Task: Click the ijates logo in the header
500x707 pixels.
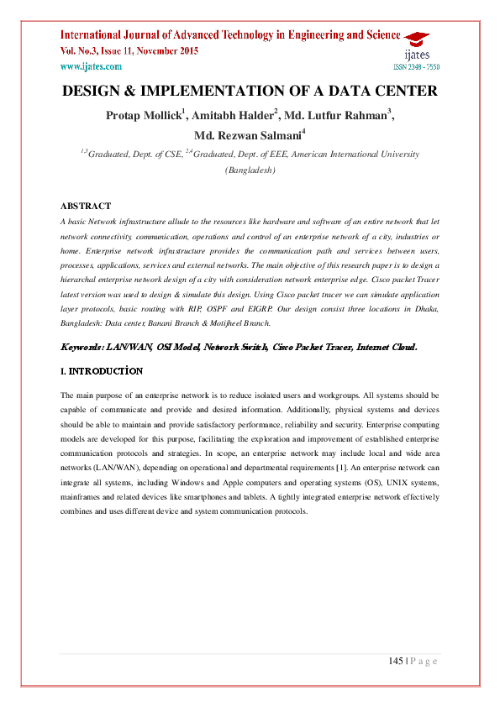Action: click(415, 45)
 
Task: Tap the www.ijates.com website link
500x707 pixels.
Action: click(88, 66)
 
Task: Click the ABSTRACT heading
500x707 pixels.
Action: click(86, 206)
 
